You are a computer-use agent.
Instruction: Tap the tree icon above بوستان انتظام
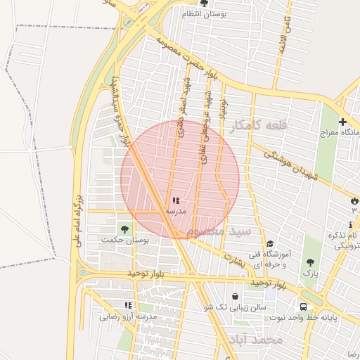(x=204, y=3)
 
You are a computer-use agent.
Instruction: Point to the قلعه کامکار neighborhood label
(x=258, y=126)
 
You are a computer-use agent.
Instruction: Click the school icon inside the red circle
(x=176, y=201)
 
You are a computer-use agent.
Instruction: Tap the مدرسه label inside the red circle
(x=176, y=211)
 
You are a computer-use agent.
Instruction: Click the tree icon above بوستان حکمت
(x=124, y=229)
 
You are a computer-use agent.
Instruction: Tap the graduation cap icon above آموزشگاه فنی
(x=269, y=243)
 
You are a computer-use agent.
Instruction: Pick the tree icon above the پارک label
(x=310, y=262)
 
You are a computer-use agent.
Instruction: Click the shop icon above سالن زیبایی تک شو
(x=235, y=297)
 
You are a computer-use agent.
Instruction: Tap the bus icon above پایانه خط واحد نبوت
(x=303, y=307)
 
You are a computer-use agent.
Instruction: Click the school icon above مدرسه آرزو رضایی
(x=128, y=305)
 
